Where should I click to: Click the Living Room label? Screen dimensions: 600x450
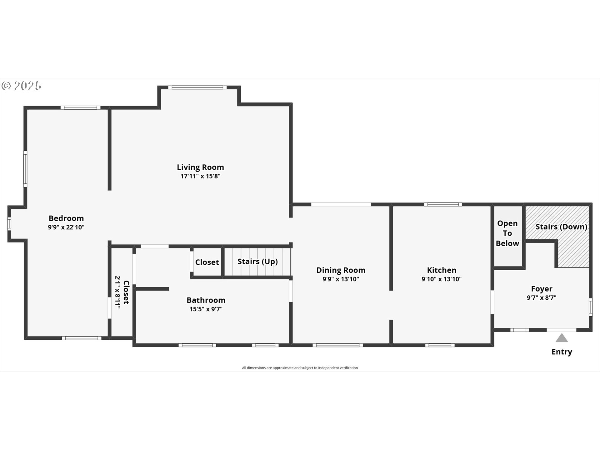[x=200, y=167]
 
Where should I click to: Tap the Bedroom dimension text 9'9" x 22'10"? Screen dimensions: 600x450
[x=66, y=227]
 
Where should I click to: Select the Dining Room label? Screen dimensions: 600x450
[x=341, y=270]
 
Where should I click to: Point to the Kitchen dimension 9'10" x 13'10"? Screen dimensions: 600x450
[x=442, y=279]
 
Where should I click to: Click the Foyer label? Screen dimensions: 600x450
[x=542, y=289]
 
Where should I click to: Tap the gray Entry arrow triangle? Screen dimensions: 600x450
[x=562, y=338]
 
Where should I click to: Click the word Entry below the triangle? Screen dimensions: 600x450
[x=562, y=352]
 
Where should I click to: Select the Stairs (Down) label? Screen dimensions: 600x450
[x=561, y=227]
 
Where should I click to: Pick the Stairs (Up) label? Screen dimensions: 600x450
[x=257, y=262]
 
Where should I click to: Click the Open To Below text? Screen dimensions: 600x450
[x=507, y=233]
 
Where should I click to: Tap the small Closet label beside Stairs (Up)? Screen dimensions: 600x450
[x=207, y=262]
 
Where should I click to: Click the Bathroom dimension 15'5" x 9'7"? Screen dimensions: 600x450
[x=206, y=309]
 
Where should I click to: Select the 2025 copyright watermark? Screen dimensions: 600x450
[x=22, y=86]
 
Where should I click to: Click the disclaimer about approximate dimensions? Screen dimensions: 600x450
[x=300, y=368]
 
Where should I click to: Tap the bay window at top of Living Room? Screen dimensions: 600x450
[x=197, y=87]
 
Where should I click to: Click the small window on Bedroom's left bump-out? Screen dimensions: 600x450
[x=9, y=223]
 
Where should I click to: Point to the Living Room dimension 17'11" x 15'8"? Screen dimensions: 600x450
[x=200, y=176]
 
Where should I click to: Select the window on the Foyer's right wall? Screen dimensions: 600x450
[x=591, y=307]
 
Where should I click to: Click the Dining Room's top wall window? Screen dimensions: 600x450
[x=341, y=204]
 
